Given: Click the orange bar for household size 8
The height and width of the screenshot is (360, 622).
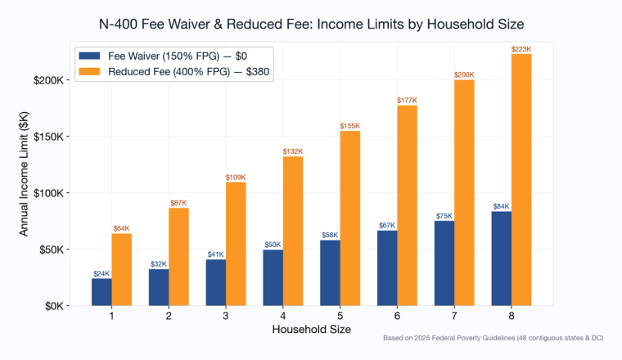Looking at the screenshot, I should pos(521,180).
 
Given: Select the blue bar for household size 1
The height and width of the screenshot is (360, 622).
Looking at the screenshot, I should pos(102,292).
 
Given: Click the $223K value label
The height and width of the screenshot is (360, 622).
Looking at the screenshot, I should pos(521,49).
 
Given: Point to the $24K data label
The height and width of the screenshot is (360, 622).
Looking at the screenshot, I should pos(102,273).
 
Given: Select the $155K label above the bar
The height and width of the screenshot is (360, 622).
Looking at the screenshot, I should pos(350,125).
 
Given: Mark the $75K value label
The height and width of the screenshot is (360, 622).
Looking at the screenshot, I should pos(445,216).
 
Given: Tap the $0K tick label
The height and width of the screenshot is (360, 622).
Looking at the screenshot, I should pos(54,306).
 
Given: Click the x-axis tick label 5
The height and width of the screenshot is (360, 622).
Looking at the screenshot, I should pos(340,317).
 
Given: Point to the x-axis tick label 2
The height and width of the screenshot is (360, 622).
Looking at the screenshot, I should pos(169,317).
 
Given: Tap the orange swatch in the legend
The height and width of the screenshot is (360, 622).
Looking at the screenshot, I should pos(89,72).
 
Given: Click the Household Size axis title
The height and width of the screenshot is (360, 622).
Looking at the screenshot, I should pos(312,330).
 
